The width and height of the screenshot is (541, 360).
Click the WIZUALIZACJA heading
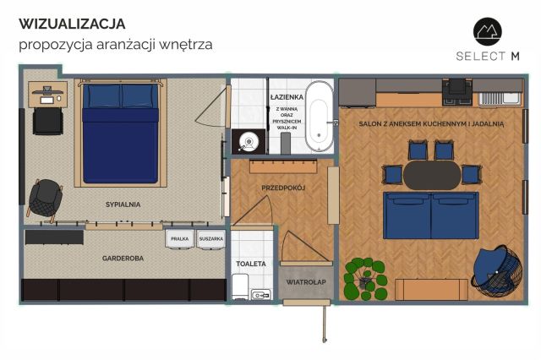72,24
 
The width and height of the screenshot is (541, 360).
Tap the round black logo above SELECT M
487,32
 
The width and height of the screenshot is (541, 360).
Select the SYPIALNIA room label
123,205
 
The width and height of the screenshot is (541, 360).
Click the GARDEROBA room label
123,259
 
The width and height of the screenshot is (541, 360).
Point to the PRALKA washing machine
179,238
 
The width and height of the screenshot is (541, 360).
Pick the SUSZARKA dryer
211,238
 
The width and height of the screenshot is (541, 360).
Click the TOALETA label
251,264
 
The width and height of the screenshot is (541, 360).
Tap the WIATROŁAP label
306,282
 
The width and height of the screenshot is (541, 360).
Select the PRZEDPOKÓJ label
283,188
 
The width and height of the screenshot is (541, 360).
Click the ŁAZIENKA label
287,97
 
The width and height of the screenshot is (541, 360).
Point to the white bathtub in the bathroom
320,117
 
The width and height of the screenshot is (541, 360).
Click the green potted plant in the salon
366,279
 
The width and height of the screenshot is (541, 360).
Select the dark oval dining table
432,175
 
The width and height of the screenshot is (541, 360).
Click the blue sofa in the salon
431,215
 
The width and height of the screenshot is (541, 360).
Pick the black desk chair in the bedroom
48,121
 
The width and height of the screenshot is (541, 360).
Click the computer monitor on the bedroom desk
47,91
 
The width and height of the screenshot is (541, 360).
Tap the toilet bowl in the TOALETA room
240,286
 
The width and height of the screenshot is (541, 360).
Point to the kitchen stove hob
457,91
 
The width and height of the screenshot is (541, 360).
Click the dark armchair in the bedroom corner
45,199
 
